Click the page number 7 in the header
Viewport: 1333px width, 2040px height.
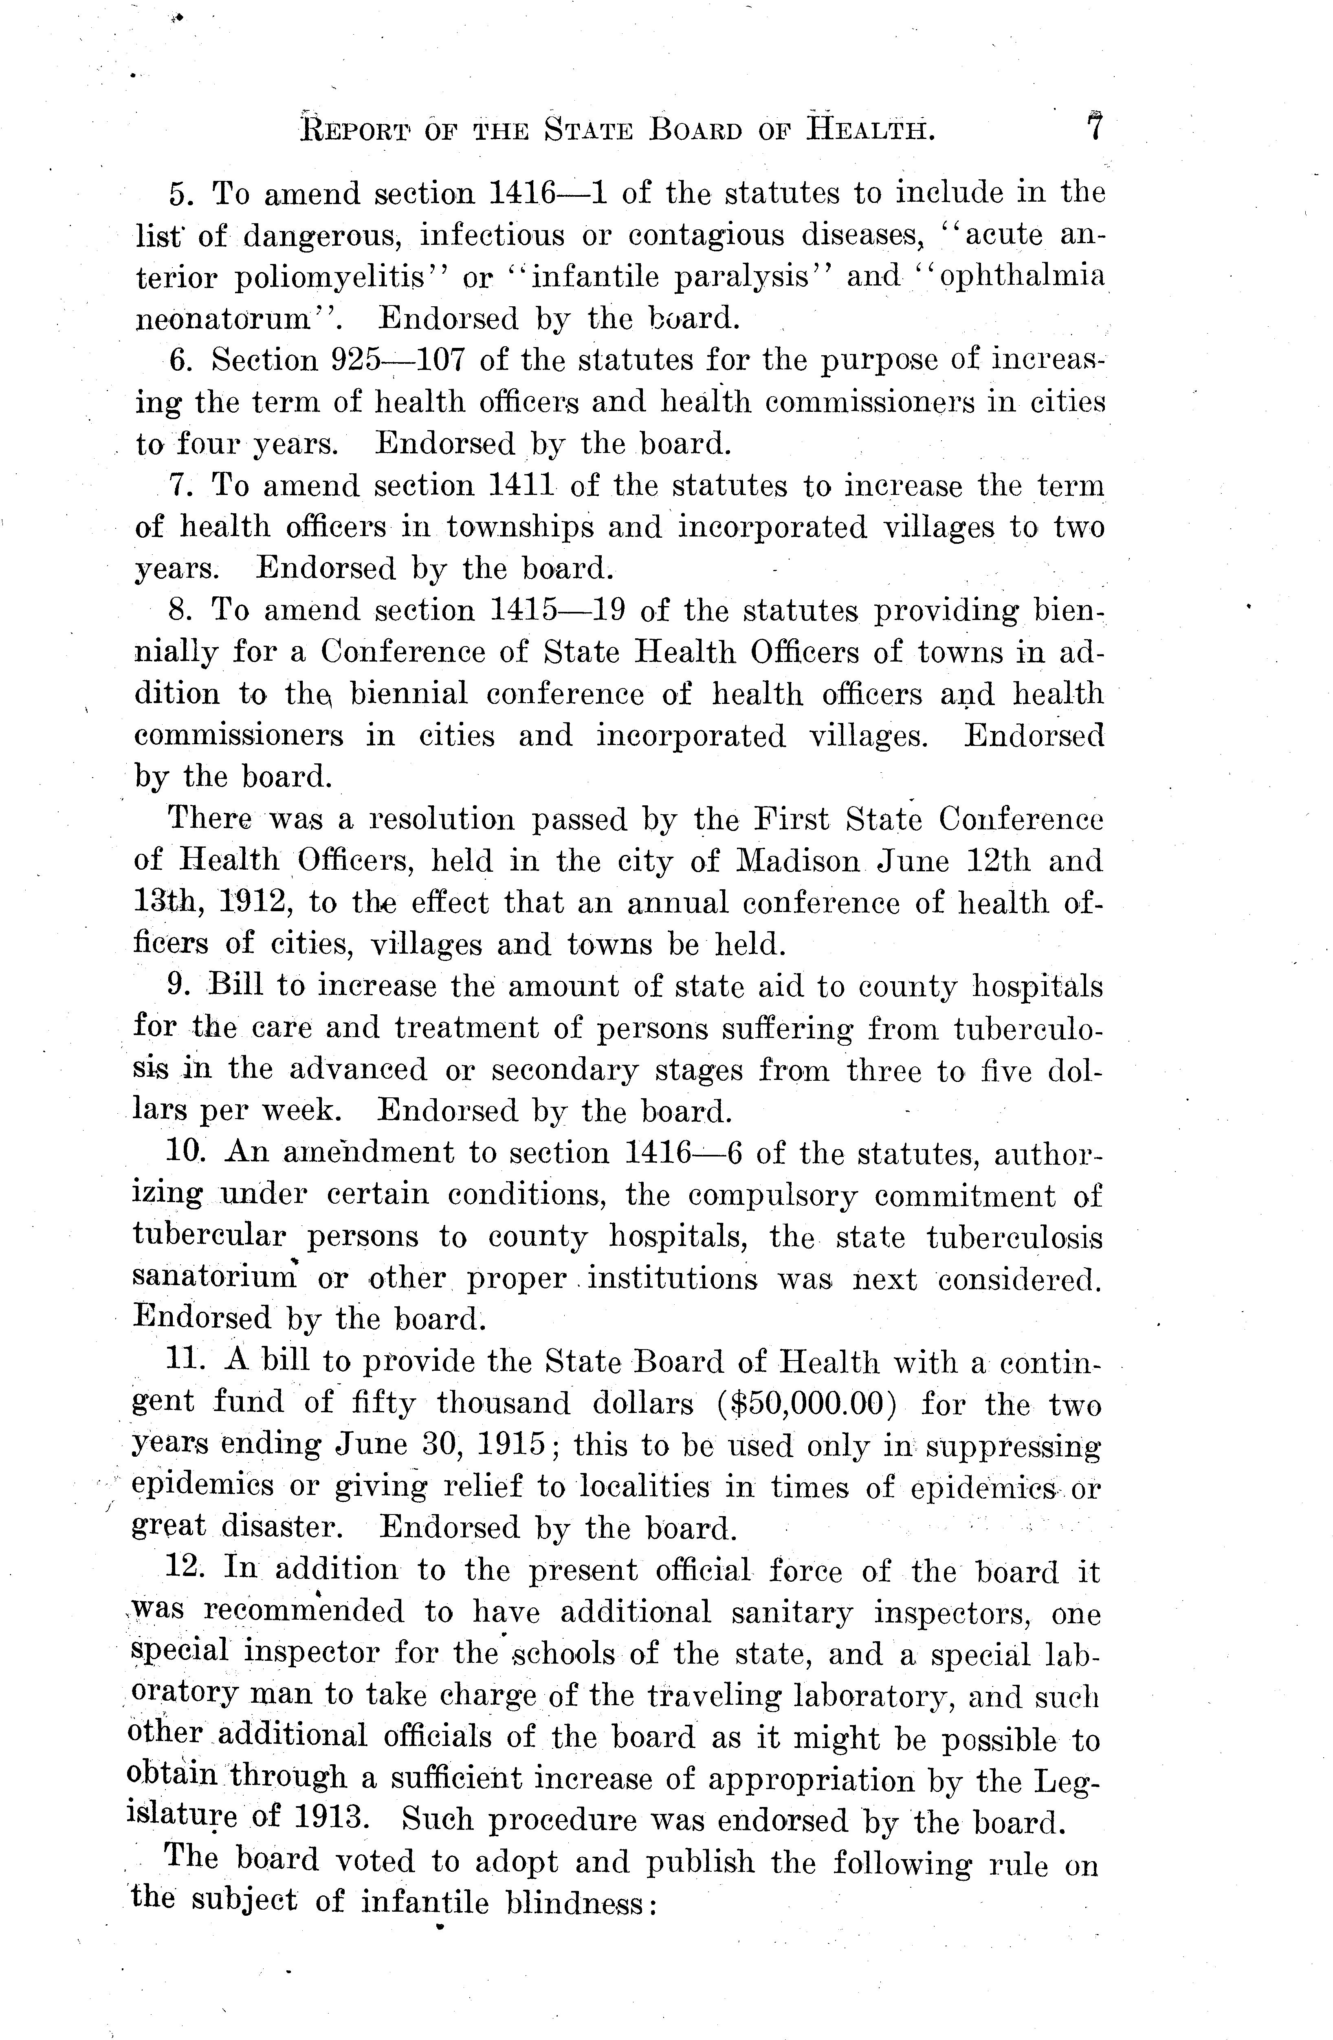click(1094, 129)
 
